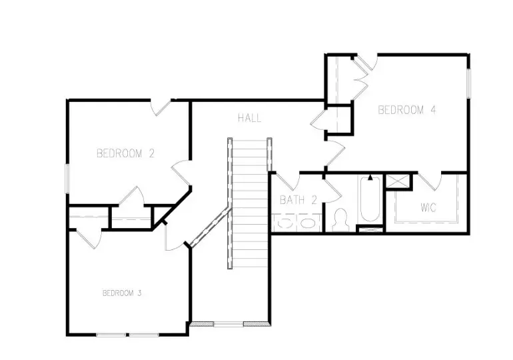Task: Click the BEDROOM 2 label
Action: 125,153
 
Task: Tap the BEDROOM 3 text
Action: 122,293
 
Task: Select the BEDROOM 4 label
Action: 406,110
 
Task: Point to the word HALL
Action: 250,118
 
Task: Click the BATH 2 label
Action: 298,199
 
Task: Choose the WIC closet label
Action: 428,207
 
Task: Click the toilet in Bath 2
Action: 340,219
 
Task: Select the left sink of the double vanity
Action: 284,223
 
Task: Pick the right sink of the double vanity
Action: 308,223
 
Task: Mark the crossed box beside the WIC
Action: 399,181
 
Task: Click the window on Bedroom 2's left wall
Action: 67,179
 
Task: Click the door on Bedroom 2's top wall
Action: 161,107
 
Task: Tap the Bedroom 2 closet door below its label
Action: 131,198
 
